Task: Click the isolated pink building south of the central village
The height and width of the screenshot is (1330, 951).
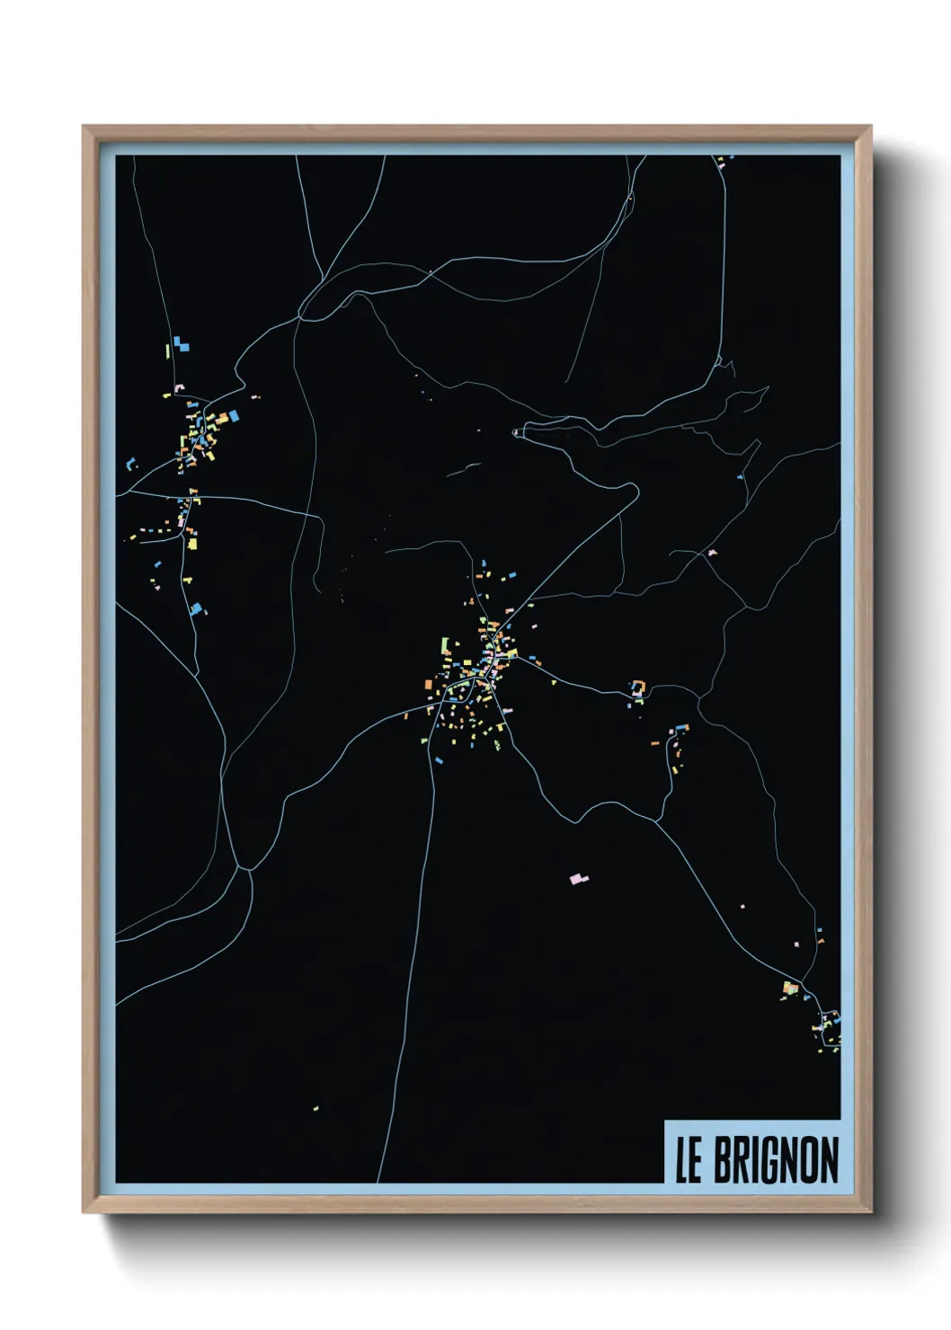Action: [x=578, y=878]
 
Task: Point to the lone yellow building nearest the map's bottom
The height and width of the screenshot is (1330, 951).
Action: [x=316, y=1108]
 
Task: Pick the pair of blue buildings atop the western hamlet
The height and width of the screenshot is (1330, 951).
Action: [x=182, y=343]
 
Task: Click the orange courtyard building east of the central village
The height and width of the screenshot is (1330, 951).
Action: [x=637, y=687]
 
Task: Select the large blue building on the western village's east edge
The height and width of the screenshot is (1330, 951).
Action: [x=235, y=415]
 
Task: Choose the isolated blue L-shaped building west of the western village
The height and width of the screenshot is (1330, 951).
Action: [x=131, y=464]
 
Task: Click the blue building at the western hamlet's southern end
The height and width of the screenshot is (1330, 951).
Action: [x=195, y=609]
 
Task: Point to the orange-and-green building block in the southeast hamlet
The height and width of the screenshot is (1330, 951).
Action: [x=790, y=988]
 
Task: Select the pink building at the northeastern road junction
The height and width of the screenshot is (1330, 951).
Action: [x=712, y=553]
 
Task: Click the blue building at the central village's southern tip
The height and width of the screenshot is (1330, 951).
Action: [x=439, y=760]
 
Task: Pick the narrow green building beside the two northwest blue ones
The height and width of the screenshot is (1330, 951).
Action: [x=167, y=350]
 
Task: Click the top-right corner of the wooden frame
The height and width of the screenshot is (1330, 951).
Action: [x=870, y=127]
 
